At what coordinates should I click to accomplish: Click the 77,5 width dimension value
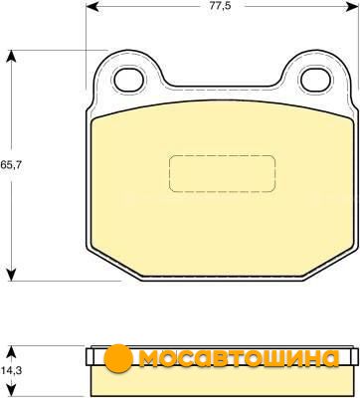215,6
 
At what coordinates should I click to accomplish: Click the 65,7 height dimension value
11,165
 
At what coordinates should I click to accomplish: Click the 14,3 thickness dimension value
11,370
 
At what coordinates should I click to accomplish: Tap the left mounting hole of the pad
130,80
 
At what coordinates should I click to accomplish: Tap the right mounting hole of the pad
315,80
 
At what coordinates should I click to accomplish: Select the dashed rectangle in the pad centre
222,173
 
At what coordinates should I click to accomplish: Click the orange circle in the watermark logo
118,358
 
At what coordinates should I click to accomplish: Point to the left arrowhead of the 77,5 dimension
92,6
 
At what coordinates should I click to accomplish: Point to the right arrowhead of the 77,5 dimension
352,6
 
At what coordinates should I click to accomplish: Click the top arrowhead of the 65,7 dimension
12,56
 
